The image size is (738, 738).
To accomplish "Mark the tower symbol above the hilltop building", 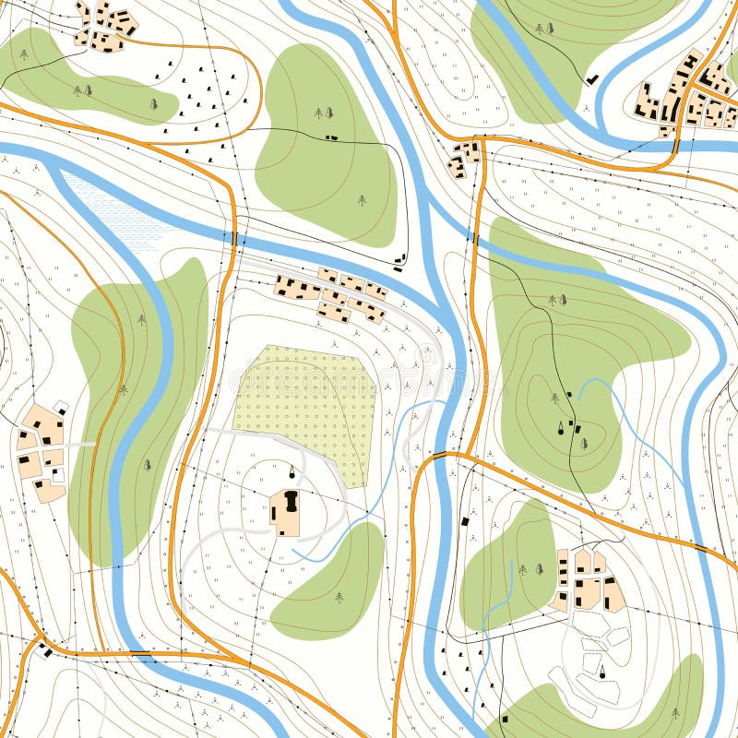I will click(x=293, y=472).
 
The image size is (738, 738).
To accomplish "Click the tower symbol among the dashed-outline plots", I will click(x=602, y=671).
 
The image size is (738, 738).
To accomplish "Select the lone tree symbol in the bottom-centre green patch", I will click(x=339, y=598).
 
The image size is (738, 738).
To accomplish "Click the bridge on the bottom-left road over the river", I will click(x=140, y=653).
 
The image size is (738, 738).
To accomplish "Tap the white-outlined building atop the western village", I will click(x=61, y=406).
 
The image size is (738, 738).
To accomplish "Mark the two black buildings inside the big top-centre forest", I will click(x=331, y=137).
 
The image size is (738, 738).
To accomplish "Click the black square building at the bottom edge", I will click(x=504, y=717).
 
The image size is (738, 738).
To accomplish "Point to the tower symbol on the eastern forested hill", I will click(x=560, y=426).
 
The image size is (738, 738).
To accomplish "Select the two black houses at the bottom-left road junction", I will click(x=43, y=649).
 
